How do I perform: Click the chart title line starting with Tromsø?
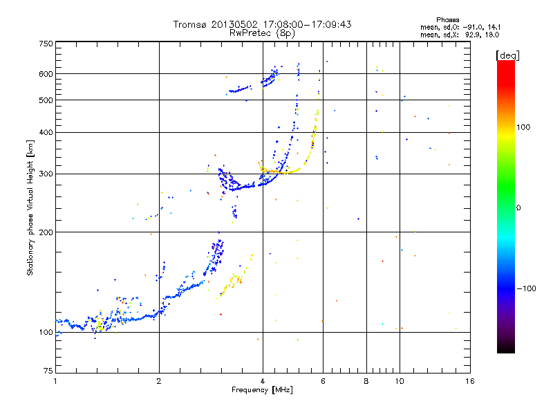[x=262, y=24]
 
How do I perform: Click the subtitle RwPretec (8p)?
[x=262, y=33]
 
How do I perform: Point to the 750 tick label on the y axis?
[x=46, y=44]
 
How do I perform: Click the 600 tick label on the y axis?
[x=46, y=74]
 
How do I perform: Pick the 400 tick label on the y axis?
[x=46, y=132]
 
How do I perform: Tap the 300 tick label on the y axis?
[x=46, y=174]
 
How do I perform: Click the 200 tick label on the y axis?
[x=46, y=232]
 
